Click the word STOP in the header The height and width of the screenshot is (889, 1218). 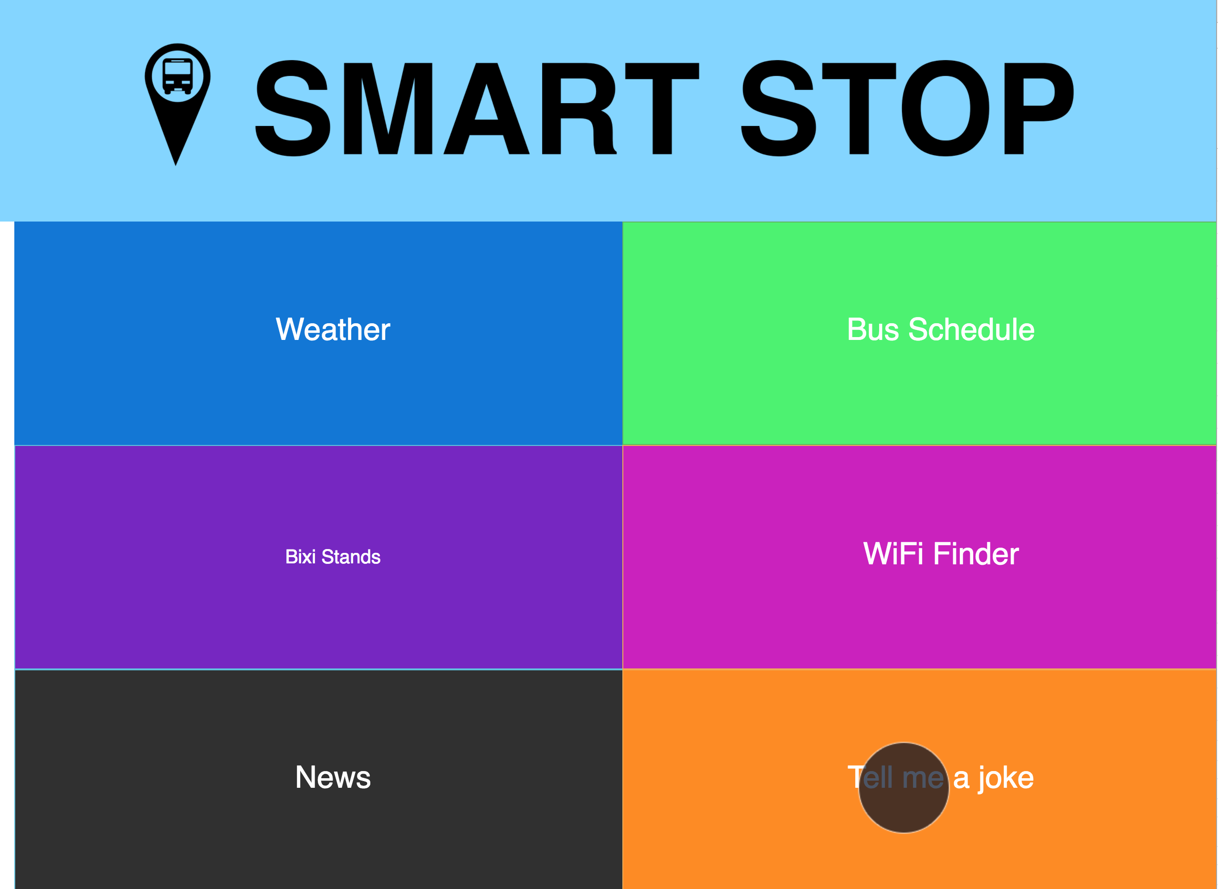pos(908,108)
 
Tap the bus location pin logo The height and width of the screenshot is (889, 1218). pos(177,105)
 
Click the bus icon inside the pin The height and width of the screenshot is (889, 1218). pos(178,76)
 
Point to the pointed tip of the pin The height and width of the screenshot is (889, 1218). pos(175,165)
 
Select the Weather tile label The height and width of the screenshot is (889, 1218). pos(333,329)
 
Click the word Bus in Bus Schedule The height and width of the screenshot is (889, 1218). pos(872,329)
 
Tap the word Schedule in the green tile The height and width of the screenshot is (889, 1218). pos(971,329)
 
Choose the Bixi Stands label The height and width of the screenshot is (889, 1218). pos(333,556)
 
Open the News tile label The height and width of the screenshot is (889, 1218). pos(333,777)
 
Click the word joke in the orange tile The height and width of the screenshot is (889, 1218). pos(1006,778)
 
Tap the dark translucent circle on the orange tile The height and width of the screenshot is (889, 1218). pos(903,787)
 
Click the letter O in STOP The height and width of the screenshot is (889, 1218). pos(945,108)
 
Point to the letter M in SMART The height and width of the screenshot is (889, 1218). pos(388,108)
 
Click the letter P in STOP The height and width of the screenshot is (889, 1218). pos(1039,108)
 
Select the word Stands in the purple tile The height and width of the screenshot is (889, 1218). pos(351,556)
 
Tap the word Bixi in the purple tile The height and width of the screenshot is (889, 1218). pos(300,556)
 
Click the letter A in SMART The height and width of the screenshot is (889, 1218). pos(486,108)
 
